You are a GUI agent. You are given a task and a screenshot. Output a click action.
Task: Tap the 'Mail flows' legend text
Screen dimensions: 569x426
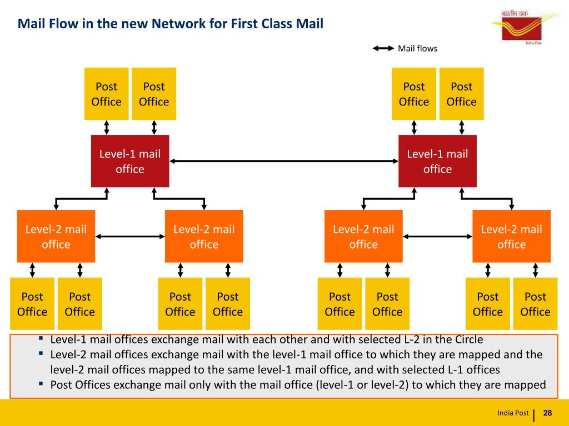pos(417,49)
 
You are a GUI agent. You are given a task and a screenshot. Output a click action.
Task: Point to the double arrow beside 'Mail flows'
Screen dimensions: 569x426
pos(383,48)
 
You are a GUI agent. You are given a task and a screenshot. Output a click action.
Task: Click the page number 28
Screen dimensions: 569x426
pos(547,413)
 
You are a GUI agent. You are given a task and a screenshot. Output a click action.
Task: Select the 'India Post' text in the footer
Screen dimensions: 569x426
pos(513,413)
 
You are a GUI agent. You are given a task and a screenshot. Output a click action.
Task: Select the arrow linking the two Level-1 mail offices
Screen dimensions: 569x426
pos(284,161)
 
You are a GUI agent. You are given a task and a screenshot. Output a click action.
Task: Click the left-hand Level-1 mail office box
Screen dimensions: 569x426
pos(130,161)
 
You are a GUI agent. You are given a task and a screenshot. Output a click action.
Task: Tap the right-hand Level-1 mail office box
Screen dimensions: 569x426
pos(437,161)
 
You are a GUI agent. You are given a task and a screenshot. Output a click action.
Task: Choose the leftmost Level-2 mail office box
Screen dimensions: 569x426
pos(56,236)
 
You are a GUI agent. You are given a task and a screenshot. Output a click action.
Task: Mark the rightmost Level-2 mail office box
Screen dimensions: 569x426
pos(511,236)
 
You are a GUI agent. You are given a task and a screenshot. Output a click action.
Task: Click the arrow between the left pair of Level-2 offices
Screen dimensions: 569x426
pos(130,236)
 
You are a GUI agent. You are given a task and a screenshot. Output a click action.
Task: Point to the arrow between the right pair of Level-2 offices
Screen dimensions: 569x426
pos(437,236)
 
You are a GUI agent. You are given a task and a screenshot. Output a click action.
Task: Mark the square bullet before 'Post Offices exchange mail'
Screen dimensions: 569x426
pos(41,383)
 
